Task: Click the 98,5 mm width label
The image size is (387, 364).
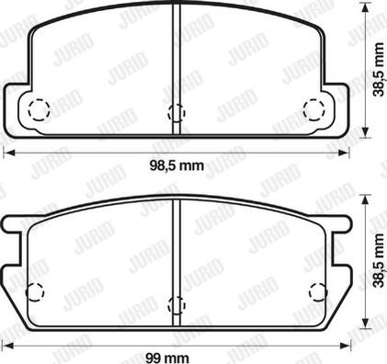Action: (x=176, y=165)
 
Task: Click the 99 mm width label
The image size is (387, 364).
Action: (x=167, y=358)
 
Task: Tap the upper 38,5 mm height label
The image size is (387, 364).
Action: (x=379, y=70)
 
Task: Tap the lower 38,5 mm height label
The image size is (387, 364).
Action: (x=379, y=260)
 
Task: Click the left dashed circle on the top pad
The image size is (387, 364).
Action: (x=39, y=109)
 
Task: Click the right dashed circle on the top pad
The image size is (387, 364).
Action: (x=313, y=109)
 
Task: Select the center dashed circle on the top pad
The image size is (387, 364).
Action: (x=176, y=113)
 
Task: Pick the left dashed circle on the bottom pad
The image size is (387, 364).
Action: (x=35, y=291)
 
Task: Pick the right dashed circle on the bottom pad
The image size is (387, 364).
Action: (x=318, y=291)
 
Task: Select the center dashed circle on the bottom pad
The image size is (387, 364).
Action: (x=176, y=305)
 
